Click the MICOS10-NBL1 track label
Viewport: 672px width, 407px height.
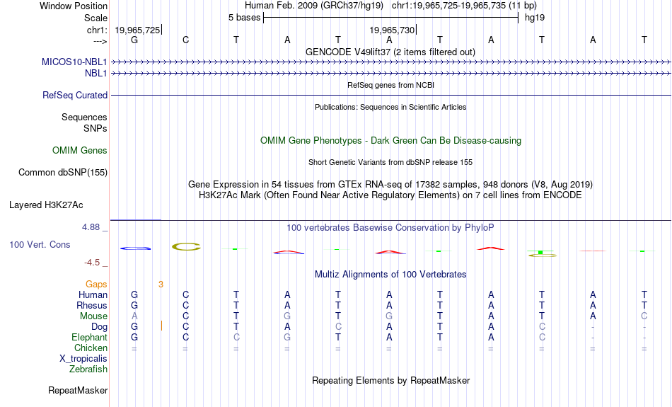[74, 62]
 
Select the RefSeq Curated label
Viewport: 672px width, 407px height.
[75, 96]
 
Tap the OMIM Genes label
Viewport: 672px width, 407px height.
[80, 151]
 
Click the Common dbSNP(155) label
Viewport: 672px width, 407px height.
[63, 173]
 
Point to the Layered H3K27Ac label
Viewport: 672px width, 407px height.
[46, 205]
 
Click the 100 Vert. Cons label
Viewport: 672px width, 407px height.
[40, 244]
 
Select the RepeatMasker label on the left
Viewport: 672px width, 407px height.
[78, 390]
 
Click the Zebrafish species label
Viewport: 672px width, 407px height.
[88, 369]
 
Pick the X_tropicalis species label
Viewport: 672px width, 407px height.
[83, 359]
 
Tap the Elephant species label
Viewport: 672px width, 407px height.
[89, 338]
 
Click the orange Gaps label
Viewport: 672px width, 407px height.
[96, 285]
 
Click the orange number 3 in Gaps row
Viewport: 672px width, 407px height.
[161, 285]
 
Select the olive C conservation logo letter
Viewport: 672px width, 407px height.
[186, 246]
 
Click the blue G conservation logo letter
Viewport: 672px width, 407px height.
[135, 248]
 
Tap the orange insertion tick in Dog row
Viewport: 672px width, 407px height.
[161, 326]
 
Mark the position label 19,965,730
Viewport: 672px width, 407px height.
[392, 30]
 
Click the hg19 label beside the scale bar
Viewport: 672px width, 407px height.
[535, 18]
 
